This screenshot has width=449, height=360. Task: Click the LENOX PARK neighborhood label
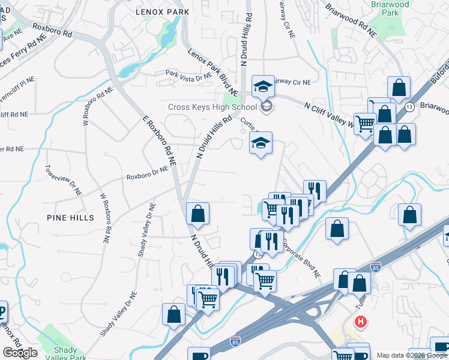[162, 11]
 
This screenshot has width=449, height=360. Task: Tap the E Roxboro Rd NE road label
[159, 140]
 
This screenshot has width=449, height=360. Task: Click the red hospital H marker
[360, 322]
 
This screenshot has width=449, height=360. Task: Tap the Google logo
[20, 353]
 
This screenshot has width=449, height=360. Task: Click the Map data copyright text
[412, 355]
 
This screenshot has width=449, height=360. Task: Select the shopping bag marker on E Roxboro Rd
[197, 214]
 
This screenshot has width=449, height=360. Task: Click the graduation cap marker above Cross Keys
[262, 88]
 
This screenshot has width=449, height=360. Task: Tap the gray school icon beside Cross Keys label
[267, 107]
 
